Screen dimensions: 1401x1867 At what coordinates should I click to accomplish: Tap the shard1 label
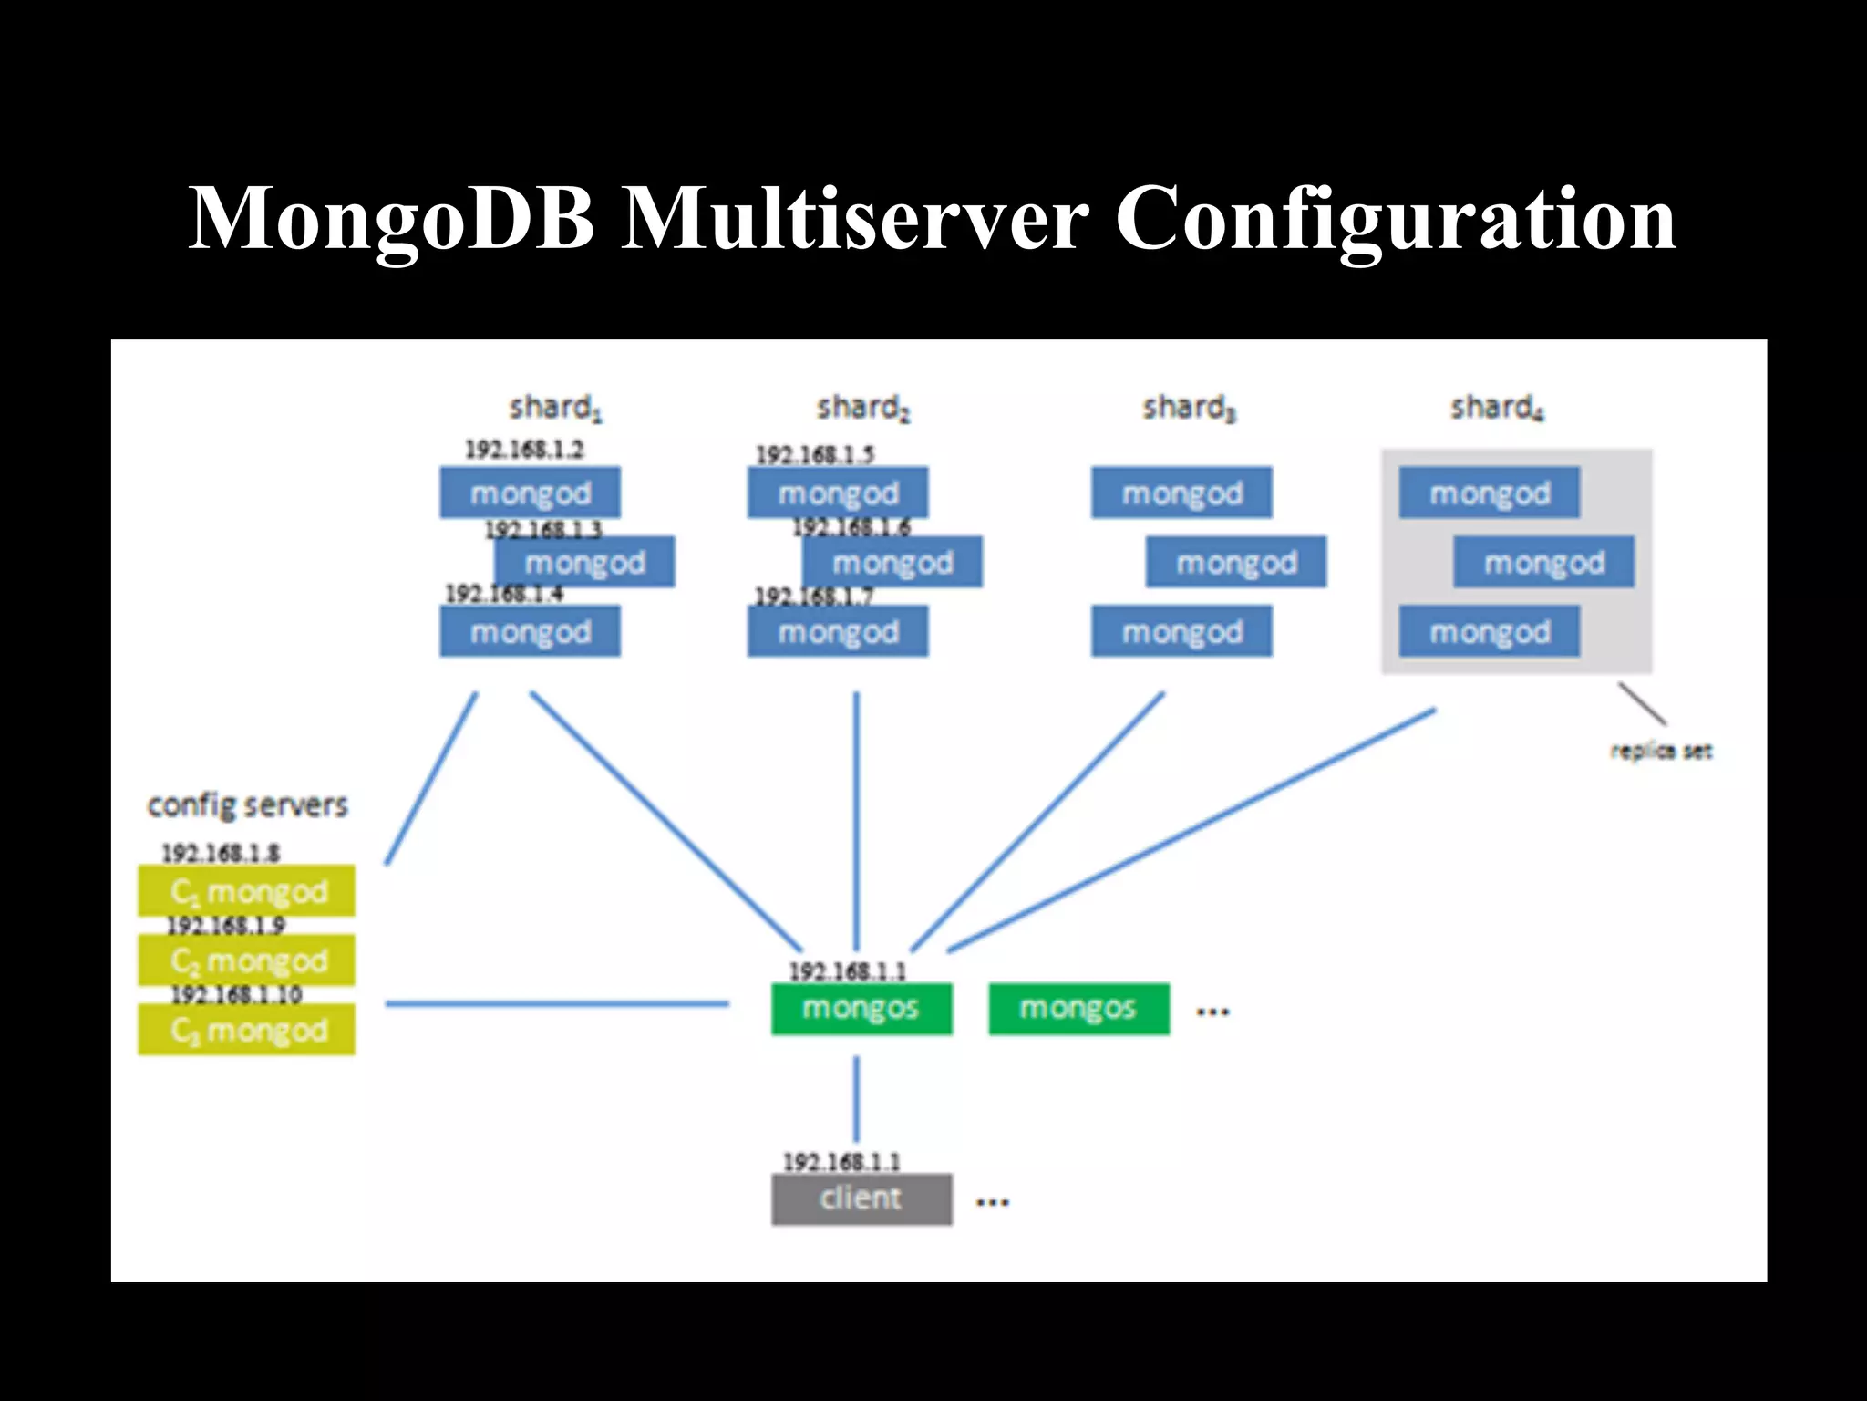click(x=554, y=408)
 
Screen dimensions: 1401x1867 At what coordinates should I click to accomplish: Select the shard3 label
click(x=1188, y=408)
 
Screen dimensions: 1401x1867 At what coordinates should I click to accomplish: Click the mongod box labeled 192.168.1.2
click(x=530, y=493)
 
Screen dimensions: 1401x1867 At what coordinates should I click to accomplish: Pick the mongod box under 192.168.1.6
click(x=892, y=563)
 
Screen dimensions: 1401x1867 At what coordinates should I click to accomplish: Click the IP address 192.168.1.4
click(x=503, y=594)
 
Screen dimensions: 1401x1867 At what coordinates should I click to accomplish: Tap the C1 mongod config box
click(x=247, y=891)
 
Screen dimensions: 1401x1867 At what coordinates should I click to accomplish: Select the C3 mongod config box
click(x=247, y=1031)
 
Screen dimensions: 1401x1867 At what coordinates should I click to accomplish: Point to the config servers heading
click(x=247, y=805)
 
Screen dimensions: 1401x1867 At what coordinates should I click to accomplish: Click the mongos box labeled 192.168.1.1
click(x=861, y=1009)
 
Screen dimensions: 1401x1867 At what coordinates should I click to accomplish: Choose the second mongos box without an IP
click(x=1078, y=1009)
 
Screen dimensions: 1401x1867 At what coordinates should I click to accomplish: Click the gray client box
click(x=861, y=1199)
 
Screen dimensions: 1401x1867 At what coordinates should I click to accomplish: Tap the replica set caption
click(x=1660, y=751)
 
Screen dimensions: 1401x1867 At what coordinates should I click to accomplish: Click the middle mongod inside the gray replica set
click(x=1543, y=563)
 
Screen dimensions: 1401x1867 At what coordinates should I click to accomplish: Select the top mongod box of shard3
click(x=1181, y=493)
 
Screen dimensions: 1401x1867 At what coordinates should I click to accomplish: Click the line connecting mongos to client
click(x=856, y=1099)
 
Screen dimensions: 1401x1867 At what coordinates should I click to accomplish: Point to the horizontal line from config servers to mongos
click(x=556, y=1004)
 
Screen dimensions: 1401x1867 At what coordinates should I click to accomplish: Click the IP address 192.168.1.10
click(x=236, y=994)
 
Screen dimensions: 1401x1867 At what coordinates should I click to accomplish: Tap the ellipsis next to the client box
click(x=992, y=1203)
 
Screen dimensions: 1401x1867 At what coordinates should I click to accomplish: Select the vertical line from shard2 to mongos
click(x=856, y=821)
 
